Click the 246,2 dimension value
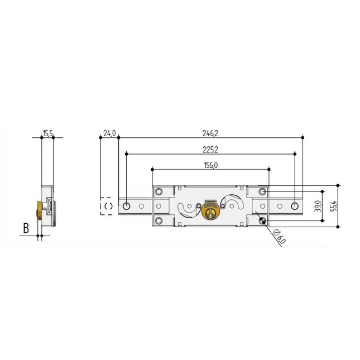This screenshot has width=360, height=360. pos(210,133)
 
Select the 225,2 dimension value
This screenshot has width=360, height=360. pos(210,150)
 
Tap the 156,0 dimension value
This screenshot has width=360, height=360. pos(211,165)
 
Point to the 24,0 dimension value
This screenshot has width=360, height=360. pos(109,133)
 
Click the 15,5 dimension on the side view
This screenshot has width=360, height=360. pos(48,133)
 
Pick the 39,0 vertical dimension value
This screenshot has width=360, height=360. pos(318,206)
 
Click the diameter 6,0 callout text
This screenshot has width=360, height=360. pos(279,237)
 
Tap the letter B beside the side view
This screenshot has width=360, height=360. pos(26,228)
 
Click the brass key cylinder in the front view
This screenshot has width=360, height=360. pos(210,210)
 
